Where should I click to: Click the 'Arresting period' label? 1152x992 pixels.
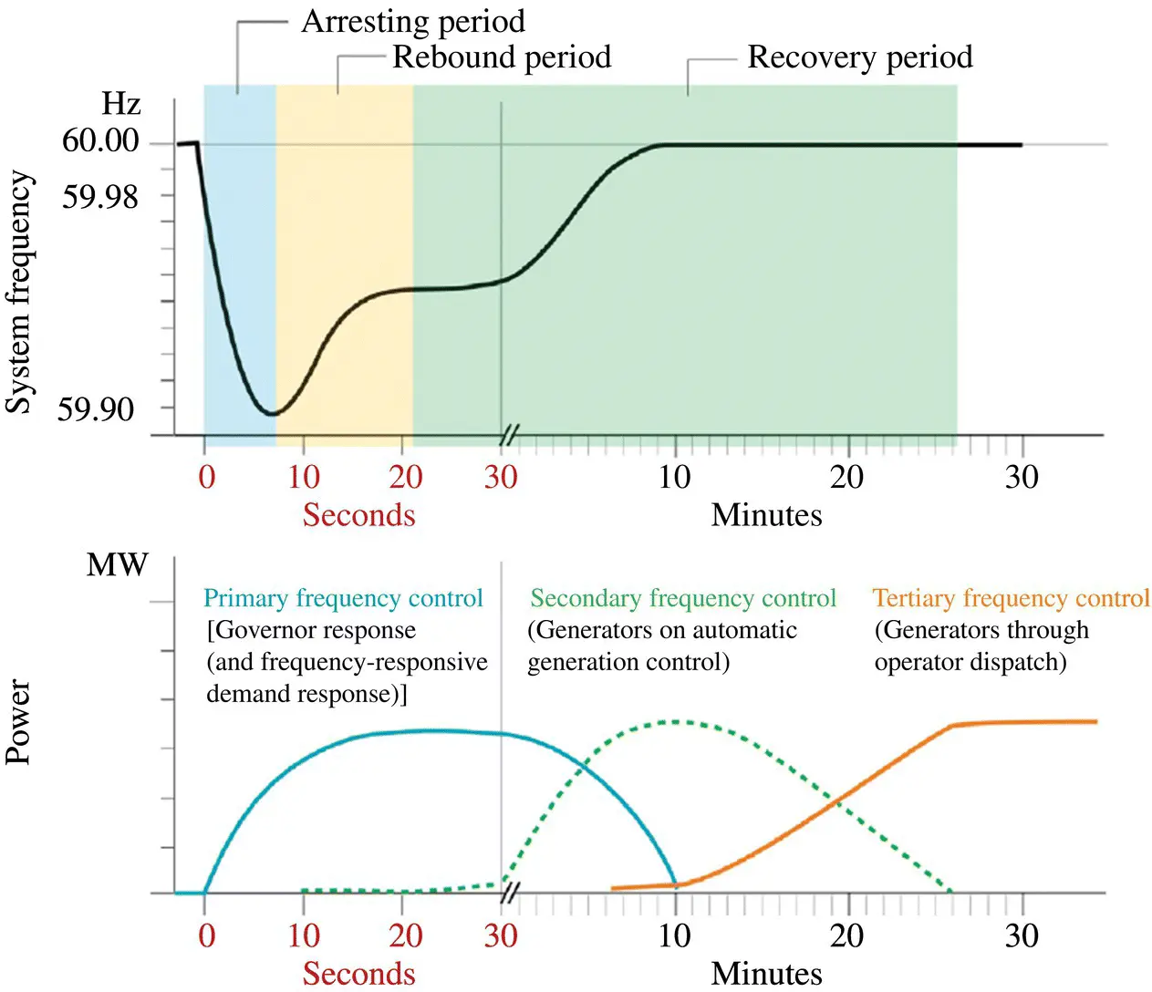[412, 21]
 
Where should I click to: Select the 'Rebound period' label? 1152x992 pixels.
[501, 57]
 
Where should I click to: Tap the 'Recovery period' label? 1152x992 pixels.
[859, 57]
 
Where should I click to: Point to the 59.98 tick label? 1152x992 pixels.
[100, 196]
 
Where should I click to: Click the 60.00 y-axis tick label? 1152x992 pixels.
[100, 140]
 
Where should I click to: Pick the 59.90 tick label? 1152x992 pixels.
[96, 409]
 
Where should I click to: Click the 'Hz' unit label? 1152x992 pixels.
[120, 104]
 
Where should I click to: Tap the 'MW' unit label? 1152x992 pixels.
[117, 565]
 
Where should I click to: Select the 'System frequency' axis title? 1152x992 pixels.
[20, 292]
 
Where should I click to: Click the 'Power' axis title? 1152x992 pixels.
[20, 721]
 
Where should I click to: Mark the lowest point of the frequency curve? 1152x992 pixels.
[271, 414]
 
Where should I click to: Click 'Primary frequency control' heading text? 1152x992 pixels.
[343, 598]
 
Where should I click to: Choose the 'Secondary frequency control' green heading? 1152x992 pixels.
[683, 598]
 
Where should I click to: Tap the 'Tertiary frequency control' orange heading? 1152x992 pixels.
[1011, 598]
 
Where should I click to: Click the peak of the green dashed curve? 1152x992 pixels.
[675, 721]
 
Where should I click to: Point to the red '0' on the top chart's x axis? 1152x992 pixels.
[207, 477]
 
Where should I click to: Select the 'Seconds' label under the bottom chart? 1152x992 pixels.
[358, 973]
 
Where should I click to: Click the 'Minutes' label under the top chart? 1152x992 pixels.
[766, 515]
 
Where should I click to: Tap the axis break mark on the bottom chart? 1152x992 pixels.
[509, 893]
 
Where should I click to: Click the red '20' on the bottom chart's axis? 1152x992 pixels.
[405, 935]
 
